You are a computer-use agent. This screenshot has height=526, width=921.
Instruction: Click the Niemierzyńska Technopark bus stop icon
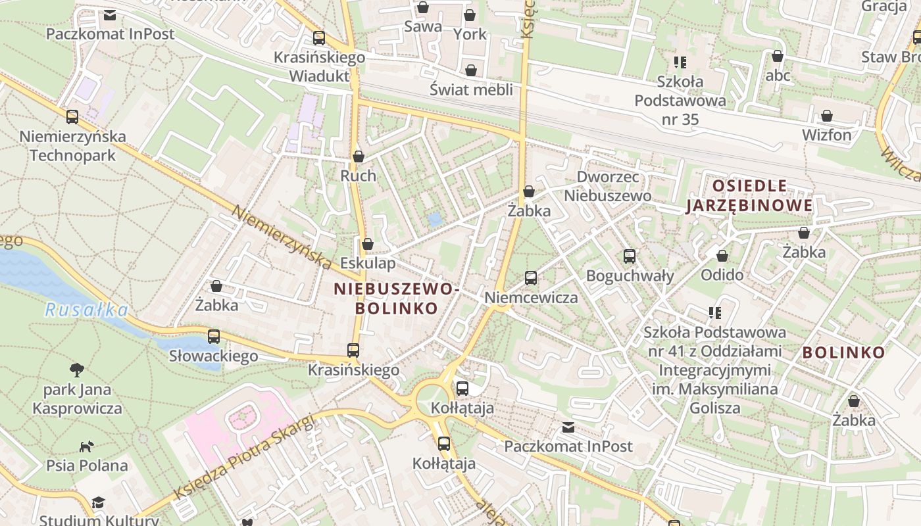pyautogui.click(x=72, y=117)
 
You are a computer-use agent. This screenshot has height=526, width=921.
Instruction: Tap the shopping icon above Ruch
pyautogui.click(x=359, y=156)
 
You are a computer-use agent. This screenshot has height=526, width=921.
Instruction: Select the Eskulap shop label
pyautogui.click(x=368, y=264)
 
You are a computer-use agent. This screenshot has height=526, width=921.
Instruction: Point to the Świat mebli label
pyautogui.click(x=471, y=89)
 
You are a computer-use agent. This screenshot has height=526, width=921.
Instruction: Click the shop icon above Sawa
pyautogui.click(x=423, y=8)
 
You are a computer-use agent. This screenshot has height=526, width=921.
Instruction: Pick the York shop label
pyautogui.click(x=470, y=34)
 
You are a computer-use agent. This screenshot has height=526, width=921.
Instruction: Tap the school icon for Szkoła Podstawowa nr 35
pyautogui.click(x=680, y=62)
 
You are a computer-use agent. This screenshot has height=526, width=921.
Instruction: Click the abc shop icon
pyautogui.click(x=778, y=57)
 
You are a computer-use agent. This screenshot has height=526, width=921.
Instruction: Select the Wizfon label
pyautogui.click(x=826, y=135)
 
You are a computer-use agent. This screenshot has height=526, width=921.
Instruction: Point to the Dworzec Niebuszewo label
pyautogui.click(x=608, y=186)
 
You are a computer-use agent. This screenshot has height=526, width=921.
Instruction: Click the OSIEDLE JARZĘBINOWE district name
pyautogui.click(x=749, y=196)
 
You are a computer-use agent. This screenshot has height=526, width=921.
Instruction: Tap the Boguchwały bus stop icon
pyautogui.click(x=630, y=256)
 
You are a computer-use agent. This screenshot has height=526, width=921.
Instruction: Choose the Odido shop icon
pyautogui.click(x=722, y=256)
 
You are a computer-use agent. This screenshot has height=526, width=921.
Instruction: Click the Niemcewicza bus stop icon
pyautogui.click(x=531, y=278)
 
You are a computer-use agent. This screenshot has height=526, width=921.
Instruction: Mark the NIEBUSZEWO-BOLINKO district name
pyautogui.click(x=396, y=298)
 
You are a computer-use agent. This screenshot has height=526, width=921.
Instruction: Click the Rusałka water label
pyautogui.click(x=86, y=310)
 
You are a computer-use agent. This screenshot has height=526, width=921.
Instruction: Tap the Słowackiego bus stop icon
pyautogui.click(x=214, y=337)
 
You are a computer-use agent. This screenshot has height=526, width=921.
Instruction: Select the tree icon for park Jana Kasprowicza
pyautogui.click(x=78, y=370)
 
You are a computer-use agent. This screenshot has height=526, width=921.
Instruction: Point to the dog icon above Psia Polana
pyautogui.click(x=86, y=447)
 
